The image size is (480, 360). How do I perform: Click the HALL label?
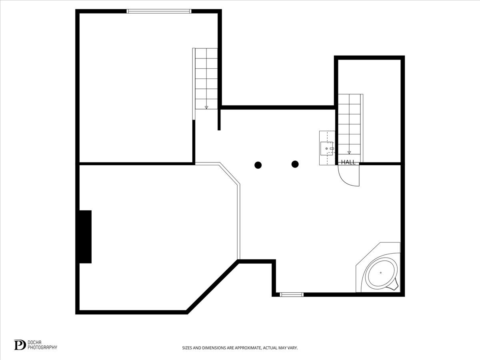coord(348,162)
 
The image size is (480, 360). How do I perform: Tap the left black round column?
coord(258,165)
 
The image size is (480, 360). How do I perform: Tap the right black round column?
coord(295,164)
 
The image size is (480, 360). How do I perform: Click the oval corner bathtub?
coord(381,272)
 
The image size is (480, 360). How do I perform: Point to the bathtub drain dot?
coord(381,272)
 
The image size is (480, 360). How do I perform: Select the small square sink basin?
coord(327,148)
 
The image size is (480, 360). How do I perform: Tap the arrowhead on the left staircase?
coord(206,107)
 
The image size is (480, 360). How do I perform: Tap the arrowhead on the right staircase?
coord(349,152)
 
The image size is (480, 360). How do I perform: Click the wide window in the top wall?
coord(159,11)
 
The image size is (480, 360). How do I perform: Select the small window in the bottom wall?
coord(292,295)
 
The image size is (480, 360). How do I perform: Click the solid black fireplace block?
coord(85,237)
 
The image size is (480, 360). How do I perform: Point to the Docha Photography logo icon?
coord(20,345)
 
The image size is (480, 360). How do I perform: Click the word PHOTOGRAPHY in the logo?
coord(42,347)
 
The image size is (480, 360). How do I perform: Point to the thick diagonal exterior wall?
coord(212,287)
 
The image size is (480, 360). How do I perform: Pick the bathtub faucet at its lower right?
coord(395,286)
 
